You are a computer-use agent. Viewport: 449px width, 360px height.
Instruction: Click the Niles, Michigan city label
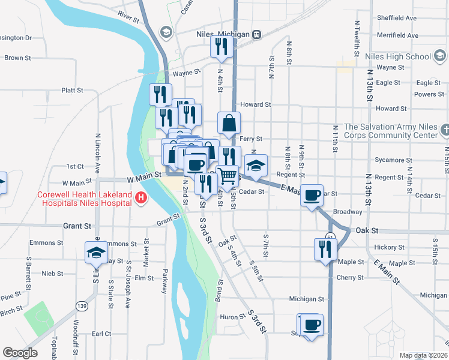point(222,34)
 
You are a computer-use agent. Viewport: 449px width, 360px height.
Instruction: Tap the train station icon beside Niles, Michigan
point(256,34)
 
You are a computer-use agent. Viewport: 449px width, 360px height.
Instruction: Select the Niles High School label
point(397,57)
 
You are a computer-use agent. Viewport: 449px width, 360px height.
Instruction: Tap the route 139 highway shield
point(82,306)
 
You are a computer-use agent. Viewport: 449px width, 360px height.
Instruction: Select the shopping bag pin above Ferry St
point(229,124)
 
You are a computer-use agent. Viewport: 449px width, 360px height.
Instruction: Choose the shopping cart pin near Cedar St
point(228,176)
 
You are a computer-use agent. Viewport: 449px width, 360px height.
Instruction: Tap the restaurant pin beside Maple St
point(325,249)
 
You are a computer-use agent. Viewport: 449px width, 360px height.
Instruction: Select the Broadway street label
point(348,212)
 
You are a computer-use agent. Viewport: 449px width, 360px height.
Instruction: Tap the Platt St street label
point(72,90)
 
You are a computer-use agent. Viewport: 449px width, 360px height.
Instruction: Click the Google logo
point(20,352)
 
